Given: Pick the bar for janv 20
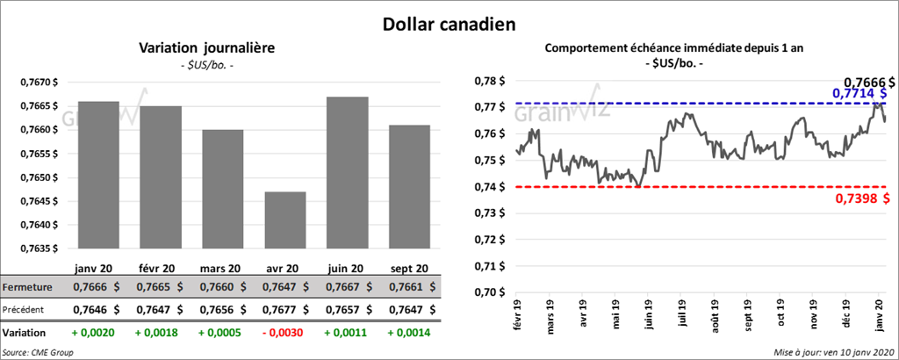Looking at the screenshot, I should (97, 175).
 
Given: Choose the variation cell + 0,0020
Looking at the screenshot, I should (97, 334).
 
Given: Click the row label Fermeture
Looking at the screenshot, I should (28, 287).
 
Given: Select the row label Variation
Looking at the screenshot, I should (25, 334).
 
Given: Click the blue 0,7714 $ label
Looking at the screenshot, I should (858, 93).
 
